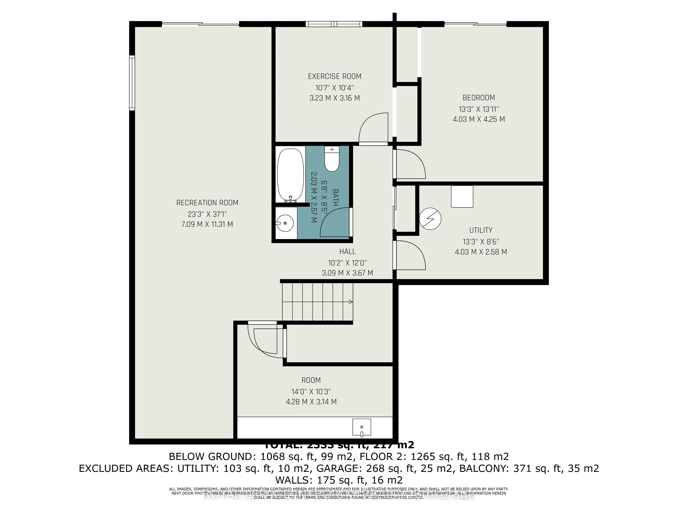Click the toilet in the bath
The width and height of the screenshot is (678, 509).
click(x=332, y=159)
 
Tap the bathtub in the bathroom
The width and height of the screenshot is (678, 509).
click(x=290, y=175)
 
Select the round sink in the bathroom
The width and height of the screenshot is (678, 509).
click(x=285, y=223)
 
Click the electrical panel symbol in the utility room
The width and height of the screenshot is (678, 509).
click(x=430, y=219)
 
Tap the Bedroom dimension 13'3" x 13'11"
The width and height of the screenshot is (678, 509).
click(x=478, y=109)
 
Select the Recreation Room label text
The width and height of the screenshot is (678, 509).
click(x=207, y=203)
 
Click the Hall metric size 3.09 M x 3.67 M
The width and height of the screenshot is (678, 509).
click(x=347, y=273)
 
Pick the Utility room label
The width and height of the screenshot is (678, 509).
click(x=481, y=230)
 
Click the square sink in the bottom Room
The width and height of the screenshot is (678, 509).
click(x=362, y=427)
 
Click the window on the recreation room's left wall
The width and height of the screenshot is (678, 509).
click(x=132, y=83)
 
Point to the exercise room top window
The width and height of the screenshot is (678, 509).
click(x=334, y=24)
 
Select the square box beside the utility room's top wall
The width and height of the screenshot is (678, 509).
click(x=462, y=196)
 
